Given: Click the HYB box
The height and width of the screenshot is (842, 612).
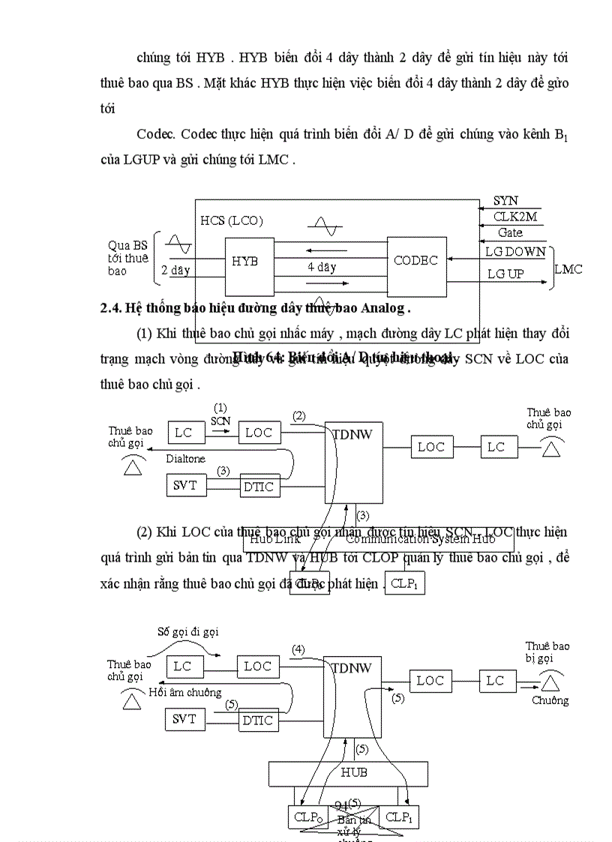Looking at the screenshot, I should pyautogui.click(x=245, y=262).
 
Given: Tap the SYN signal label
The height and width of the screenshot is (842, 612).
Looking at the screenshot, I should pyautogui.click(x=505, y=201).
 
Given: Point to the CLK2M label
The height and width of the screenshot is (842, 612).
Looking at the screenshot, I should pyautogui.click(x=514, y=217).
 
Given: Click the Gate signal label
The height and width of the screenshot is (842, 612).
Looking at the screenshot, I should pyautogui.click(x=510, y=233).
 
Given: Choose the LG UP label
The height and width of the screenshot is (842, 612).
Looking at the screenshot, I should pyautogui.click(x=505, y=274).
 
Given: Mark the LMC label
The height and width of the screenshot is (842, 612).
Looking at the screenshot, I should pyautogui.click(x=568, y=268).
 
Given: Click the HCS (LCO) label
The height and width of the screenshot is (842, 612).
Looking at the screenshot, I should pyautogui.click(x=232, y=220).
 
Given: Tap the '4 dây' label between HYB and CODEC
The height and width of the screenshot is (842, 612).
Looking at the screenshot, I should pyautogui.click(x=322, y=267).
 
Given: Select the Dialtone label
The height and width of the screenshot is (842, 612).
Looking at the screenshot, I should pyautogui.click(x=185, y=458).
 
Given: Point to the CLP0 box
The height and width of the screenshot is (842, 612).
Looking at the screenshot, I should pyautogui.click(x=307, y=817).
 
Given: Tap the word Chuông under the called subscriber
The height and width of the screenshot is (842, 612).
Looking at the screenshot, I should pyautogui.click(x=550, y=701).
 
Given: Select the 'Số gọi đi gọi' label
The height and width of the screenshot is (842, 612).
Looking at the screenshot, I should pyautogui.click(x=187, y=632).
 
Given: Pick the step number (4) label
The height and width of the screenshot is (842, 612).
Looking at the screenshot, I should pyautogui.click(x=298, y=649).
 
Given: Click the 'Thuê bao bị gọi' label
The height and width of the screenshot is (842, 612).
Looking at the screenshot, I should pyautogui.click(x=547, y=652).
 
